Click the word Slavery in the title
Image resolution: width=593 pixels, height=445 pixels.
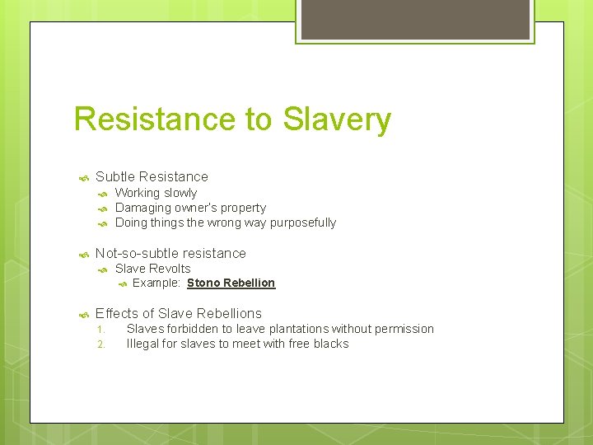pos(337,119)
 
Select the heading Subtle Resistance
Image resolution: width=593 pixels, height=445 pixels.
pos(152,176)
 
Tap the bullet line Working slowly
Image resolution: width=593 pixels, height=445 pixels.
pos(156,193)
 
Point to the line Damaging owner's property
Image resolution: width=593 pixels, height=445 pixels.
pos(190,208)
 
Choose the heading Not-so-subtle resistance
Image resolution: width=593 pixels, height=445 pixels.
pos(170,253)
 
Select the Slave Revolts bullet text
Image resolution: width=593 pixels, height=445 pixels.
pos(152,269)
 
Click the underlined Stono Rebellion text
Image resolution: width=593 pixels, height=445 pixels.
pos(231,283)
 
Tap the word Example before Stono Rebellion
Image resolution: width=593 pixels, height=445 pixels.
pos(156,283)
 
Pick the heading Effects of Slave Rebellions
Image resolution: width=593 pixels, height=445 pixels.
pos(178,313)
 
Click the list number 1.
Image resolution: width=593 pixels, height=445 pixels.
pos(100,330)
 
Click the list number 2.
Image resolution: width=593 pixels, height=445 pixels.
pos(100,344)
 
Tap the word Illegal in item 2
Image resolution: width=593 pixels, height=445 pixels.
pos(142,344)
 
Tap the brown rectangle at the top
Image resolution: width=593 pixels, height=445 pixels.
pos(415,18)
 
